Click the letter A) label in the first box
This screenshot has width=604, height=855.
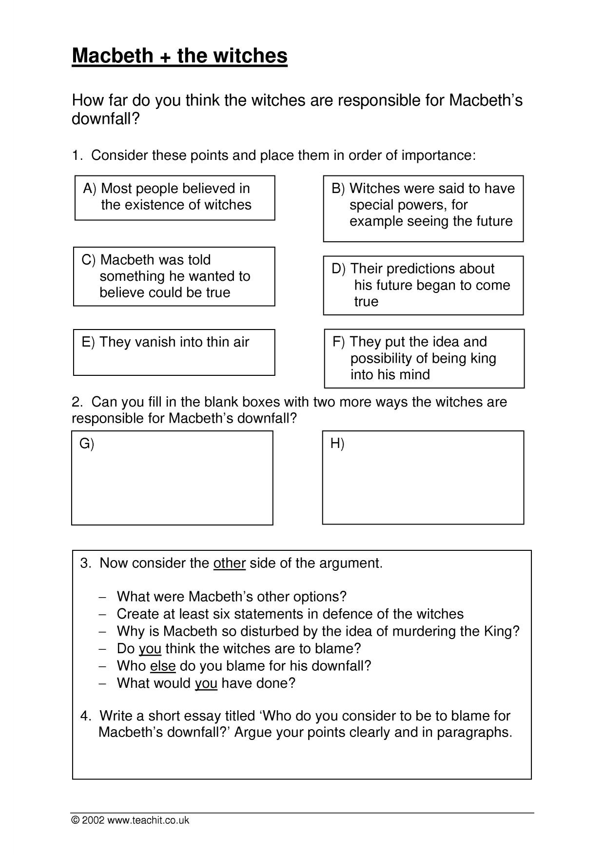(x=90, y=189)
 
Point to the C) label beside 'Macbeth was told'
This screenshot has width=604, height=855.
(x=88, y=260)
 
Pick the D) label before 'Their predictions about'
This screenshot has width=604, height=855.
(x=338, y=269)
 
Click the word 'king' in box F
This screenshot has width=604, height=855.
(x=483, y=358)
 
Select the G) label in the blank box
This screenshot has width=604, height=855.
(x=86, y=444)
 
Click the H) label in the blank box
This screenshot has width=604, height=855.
(x=337, y=443)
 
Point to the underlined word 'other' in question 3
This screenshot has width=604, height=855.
(x=229, y=563)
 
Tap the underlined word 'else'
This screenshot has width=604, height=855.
(x=162, y=666)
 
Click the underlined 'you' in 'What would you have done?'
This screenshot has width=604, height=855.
(x=206, y=683)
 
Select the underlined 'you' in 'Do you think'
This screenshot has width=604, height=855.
(x=150, y=648)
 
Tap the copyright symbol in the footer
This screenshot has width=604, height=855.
(x=75, y=820)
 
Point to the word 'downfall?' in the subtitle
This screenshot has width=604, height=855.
(x=106, y=118)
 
